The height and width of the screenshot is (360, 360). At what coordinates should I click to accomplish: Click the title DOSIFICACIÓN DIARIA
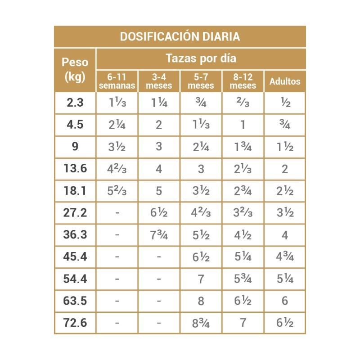[180, 36]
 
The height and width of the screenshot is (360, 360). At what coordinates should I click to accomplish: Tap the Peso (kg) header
[75, 70]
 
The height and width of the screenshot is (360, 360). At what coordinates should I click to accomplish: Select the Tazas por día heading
[201, 58]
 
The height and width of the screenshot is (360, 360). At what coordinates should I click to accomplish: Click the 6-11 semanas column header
[117, 81]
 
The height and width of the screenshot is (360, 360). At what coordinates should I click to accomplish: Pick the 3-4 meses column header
[159, 81]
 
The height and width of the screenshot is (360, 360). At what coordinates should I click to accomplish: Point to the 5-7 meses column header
[201, 81]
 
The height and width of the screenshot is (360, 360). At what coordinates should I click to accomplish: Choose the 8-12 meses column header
[243, 81]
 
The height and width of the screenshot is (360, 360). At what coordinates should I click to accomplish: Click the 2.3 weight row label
[75, 103]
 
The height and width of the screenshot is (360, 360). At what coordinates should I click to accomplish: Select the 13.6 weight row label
[75, 169]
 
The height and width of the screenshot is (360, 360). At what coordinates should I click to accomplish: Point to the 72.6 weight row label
[75, 323]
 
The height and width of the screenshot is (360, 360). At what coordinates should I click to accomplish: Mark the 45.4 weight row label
[75, 256]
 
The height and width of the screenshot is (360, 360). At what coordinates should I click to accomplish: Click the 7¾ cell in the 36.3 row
[159, 235]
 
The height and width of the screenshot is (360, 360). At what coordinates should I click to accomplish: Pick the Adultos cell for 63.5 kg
[285, 301]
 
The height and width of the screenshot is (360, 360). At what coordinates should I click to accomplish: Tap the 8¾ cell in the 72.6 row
[201, 323]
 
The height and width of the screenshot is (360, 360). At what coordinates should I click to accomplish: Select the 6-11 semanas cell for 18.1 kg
[117, 191]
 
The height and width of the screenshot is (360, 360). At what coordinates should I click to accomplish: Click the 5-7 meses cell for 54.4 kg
[201, 279]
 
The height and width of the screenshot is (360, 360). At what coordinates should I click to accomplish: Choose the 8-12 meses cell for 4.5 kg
[243, 125]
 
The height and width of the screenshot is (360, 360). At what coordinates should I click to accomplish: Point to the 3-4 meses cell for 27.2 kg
[159, 213]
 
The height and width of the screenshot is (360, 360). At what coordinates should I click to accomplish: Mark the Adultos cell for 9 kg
[285, 147]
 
